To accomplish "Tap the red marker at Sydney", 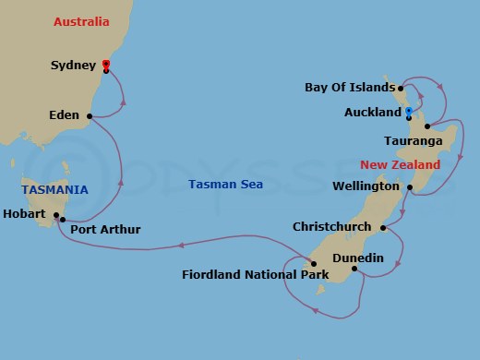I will (106, 64).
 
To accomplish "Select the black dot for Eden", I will (90, 116).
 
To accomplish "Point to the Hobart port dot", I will (57, 216).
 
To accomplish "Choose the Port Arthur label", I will (105, 229).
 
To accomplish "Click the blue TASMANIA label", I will (56, 190).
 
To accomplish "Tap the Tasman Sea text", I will (225, 185).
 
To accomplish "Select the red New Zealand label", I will (401, 164).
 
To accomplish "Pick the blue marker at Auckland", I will (408, 111).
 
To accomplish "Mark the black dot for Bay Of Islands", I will (401, 89).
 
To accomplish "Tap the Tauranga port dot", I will (427, 126).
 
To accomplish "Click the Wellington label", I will (365, 186).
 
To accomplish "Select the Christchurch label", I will (331, 226).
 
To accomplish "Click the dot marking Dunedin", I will (354, 270).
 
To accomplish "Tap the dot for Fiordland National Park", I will (314, 264).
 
